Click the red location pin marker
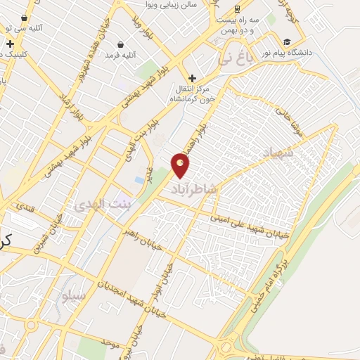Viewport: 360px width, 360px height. tap(181, 165)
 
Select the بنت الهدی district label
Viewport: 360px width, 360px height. tap(98, 205)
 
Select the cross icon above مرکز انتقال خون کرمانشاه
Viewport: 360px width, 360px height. tap(191, 77)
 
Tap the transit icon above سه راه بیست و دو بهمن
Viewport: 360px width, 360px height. tap(238, 9)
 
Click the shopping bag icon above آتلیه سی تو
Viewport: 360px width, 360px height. tap(25, 18)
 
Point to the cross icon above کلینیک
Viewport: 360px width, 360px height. tap(11, 44)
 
